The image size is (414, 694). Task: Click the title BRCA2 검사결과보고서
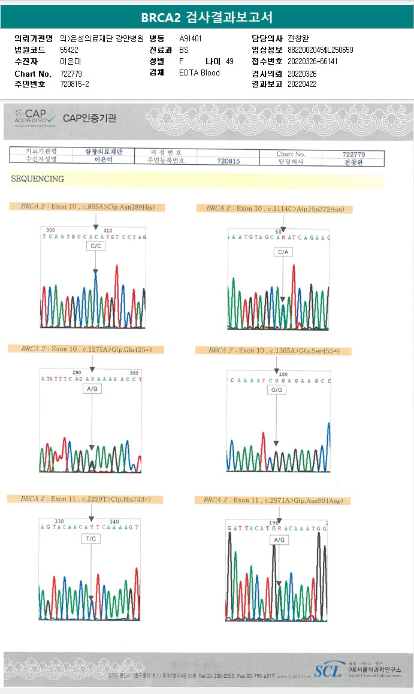pos(207,17)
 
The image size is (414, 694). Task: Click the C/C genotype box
pos(96,246)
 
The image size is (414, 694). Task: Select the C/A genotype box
pos(283,252)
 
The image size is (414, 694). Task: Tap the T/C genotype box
pos(92,539)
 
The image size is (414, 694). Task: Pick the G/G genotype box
pos(277,390)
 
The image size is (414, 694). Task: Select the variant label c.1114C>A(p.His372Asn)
pos(274,209)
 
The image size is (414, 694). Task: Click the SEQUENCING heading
pos(37,179)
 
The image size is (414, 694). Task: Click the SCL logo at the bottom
pos(330,669)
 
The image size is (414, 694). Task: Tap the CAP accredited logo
pos(35,117)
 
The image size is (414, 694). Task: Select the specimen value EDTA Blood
pos(200,73)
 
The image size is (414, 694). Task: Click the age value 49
pos(229,62)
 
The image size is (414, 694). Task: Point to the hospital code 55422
pos(70,50)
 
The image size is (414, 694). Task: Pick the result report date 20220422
pos(302,85)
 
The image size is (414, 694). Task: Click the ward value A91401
pos(191,38)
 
